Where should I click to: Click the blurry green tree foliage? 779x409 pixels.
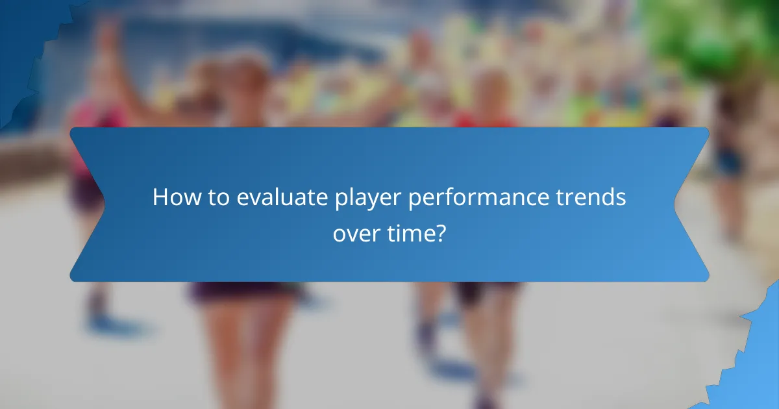click(x=708, y=39)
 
